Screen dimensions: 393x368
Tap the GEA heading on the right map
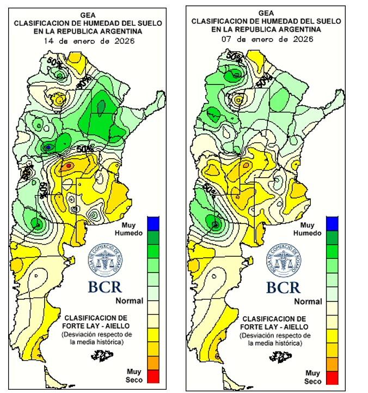pyautogui.click(x=266, y=13)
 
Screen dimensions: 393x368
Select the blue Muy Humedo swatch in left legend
pyautogui.click(x=153, y=222)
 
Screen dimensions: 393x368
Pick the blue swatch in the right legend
pyautogui.click(x=332, y=223)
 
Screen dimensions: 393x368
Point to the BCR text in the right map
pyautogui.click(x=283, y=287)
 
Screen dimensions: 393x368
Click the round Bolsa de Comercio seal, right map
pyautogui.click(x=284, y=260)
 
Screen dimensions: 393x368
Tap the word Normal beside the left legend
pyautogui.click(x=130, y=300)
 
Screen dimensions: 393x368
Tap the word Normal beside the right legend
pyautogui.click(x=308, y=301)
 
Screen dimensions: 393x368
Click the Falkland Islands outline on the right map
pyautogui.click(x=280, y=355)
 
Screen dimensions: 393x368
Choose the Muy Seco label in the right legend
pyautogui.click(x=312, y=377)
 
